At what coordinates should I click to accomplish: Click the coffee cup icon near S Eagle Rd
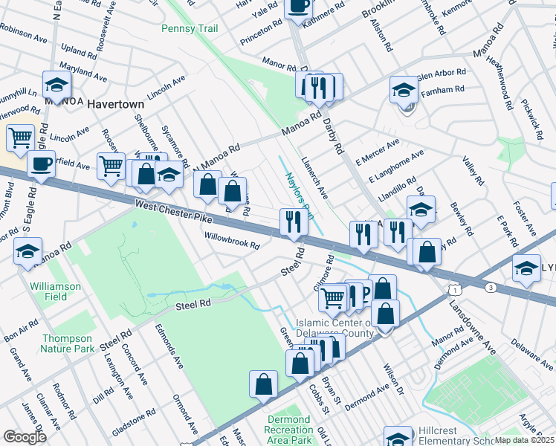pos(41,163)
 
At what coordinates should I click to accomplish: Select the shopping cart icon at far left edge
pos(20,137)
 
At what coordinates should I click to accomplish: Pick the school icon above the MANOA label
pos(56,85)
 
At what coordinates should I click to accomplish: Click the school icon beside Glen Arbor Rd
pos(404,91)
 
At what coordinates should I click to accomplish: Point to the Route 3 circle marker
pos(490,287)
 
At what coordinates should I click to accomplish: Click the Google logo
pos(24,436)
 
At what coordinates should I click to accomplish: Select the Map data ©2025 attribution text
pos(524,440)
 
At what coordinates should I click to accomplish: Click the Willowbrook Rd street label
pos(232,239)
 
